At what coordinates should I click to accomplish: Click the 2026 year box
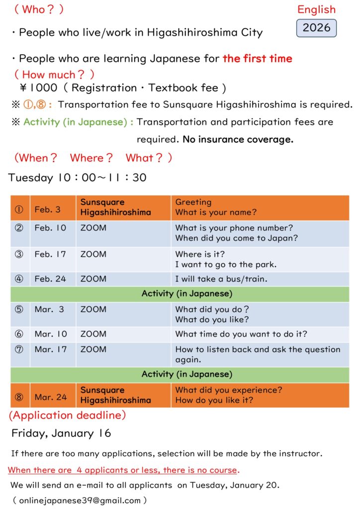tap(316, 28)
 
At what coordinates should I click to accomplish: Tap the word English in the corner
tap(316, 9)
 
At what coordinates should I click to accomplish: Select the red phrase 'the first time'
tap(257, 59)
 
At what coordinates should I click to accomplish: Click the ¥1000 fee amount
tap(38, 88)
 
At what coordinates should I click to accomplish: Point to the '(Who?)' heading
tap(38, 9)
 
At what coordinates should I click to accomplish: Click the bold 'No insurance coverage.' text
tap(238, 140)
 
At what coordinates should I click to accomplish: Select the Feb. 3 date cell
tap(47, 209)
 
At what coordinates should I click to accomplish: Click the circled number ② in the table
tap(19, 228)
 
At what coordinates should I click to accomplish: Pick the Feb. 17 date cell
tap(50, 254)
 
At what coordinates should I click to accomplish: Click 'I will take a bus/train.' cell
tap(221, 279)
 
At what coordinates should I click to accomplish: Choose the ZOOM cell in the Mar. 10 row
tap(93, 334)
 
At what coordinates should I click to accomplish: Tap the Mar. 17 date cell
tap(50, 349)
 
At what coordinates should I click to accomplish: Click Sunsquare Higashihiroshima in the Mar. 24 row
tap(115, 395)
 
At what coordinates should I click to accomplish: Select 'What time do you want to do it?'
tap(241, 334)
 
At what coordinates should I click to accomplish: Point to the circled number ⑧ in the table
tap(19, 397)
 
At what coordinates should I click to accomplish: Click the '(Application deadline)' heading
tap(67, 415)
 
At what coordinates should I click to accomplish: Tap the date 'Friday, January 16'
tap(61, 433)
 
